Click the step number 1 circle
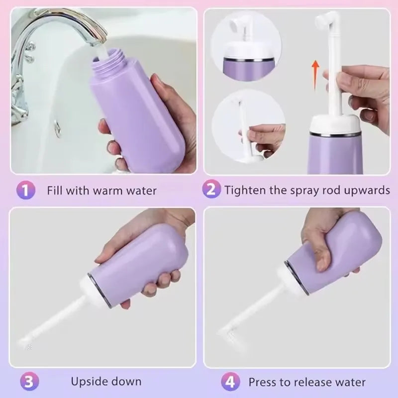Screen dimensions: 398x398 click(27, 190)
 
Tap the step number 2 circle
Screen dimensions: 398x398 click(211, 190)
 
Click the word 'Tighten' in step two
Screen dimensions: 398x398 click(242, 190)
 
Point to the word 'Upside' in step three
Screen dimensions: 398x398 click(88, 382)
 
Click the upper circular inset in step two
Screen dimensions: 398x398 click(246, 42)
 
